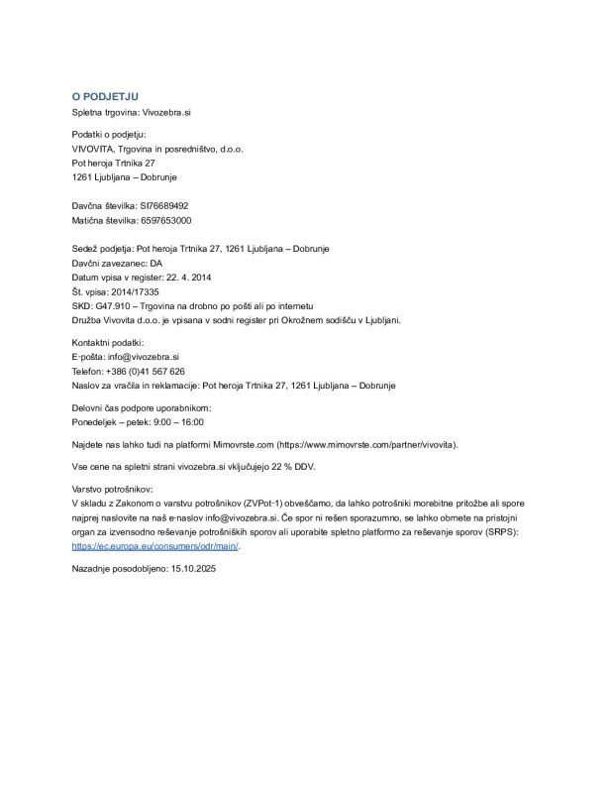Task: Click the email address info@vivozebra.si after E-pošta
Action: click(x=148, y=356)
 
